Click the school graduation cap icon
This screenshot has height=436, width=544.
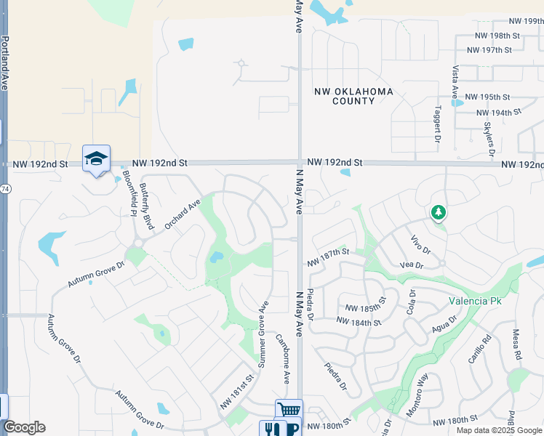click(96, 159)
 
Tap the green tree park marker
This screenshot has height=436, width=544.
click(438, 212)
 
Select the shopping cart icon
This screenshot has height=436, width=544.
click(288, 410)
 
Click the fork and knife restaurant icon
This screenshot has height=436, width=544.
click(272, 429)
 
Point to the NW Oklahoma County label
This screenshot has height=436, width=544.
click(353, 97)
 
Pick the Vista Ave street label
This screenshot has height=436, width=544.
click(455, 82)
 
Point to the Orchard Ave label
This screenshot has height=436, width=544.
click(182, 215)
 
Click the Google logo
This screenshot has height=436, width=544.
click(24, 427)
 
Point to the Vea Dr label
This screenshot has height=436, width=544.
click(412, 265)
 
